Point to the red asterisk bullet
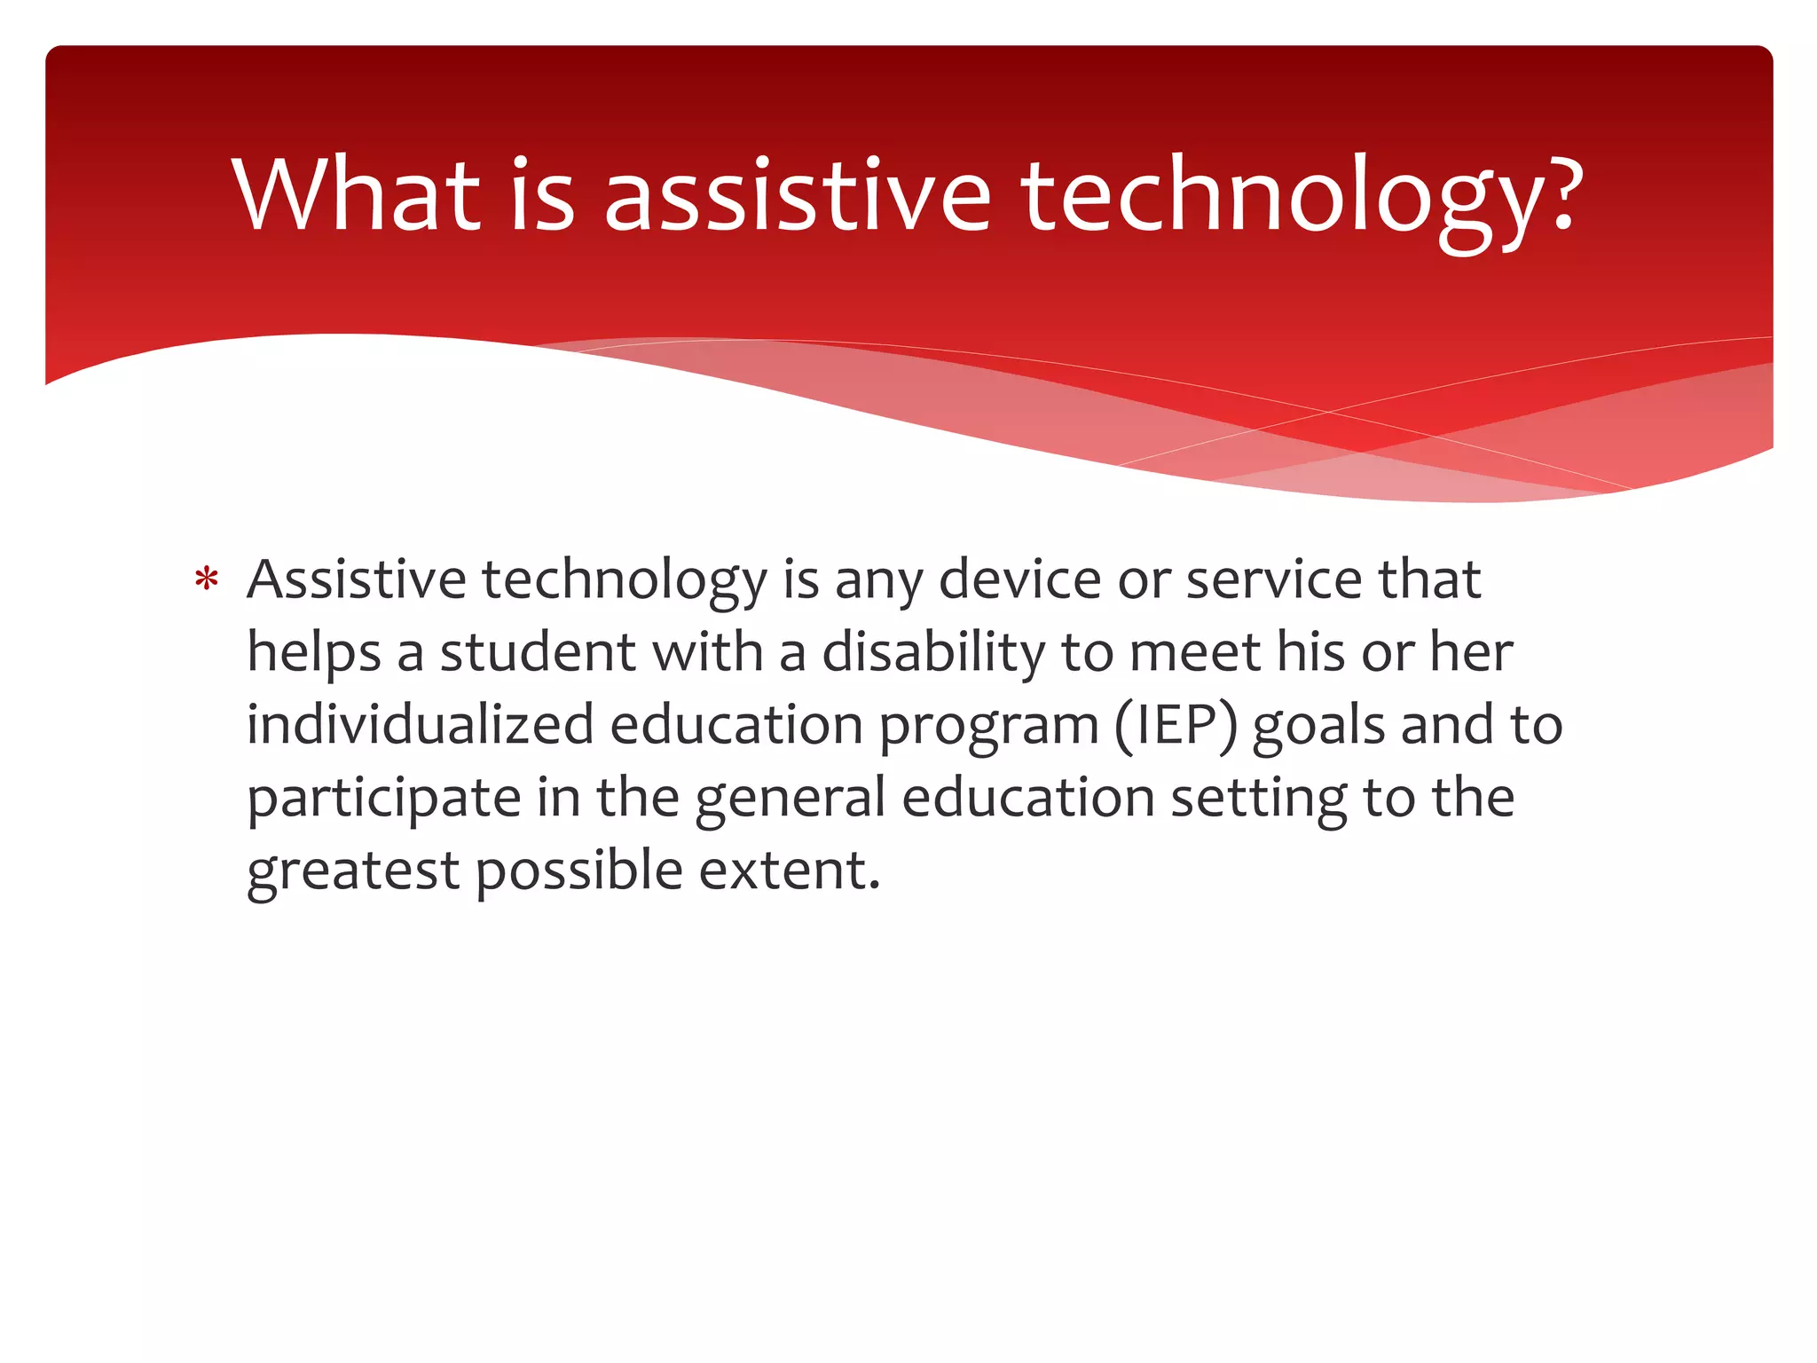point(207,580)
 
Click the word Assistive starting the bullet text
point(356,580)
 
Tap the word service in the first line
point(1274,580)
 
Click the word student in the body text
point(538,653)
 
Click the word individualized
point(420,725)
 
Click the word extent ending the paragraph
point(788,871)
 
